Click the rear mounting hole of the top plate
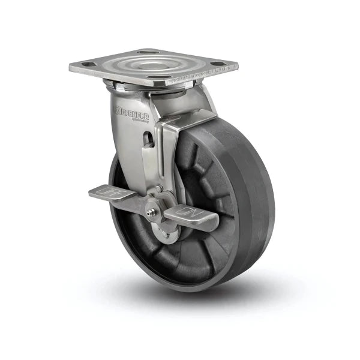point(148,52)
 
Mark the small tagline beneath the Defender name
point(139,118)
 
